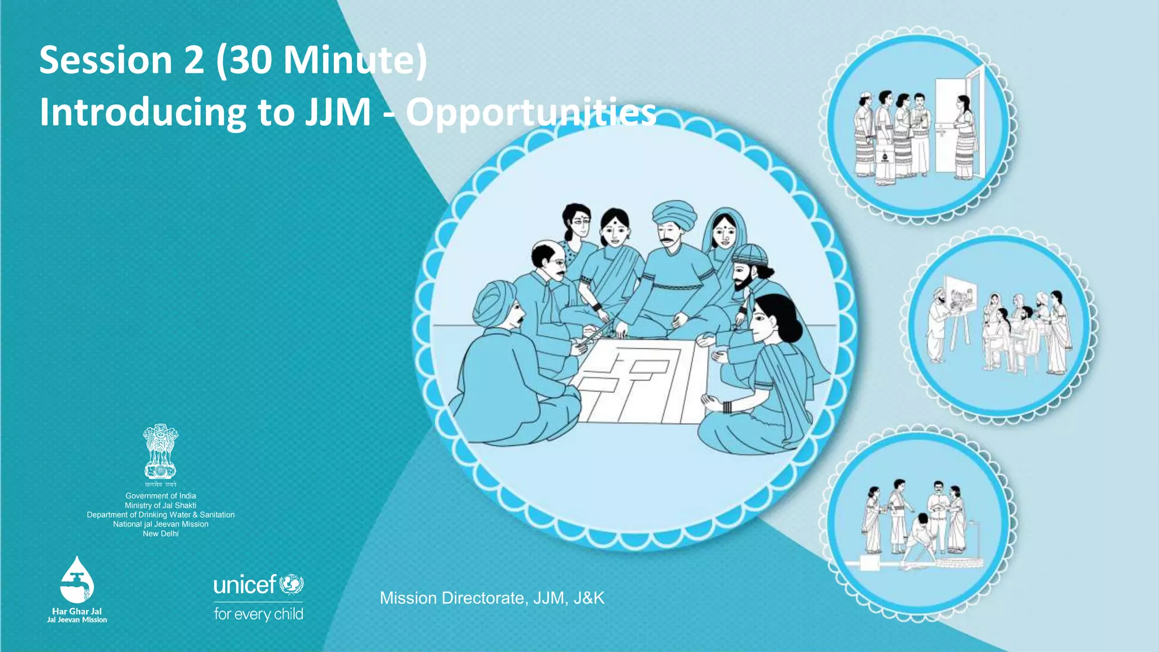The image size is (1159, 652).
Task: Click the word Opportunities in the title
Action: [531, 113]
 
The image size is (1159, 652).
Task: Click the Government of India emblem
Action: [160, 453]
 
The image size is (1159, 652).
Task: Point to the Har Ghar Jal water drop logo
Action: [77, 580]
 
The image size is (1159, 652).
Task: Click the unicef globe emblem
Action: [292, 584]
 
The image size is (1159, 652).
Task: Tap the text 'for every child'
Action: [259, 614]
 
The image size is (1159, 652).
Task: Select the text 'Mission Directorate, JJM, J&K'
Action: [492, 598]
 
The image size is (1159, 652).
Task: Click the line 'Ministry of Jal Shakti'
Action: [161, 505]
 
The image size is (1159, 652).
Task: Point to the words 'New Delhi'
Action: [161, 534]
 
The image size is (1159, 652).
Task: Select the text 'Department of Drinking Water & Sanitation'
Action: [161, 515]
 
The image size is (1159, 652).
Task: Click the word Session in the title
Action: [105, 60]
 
